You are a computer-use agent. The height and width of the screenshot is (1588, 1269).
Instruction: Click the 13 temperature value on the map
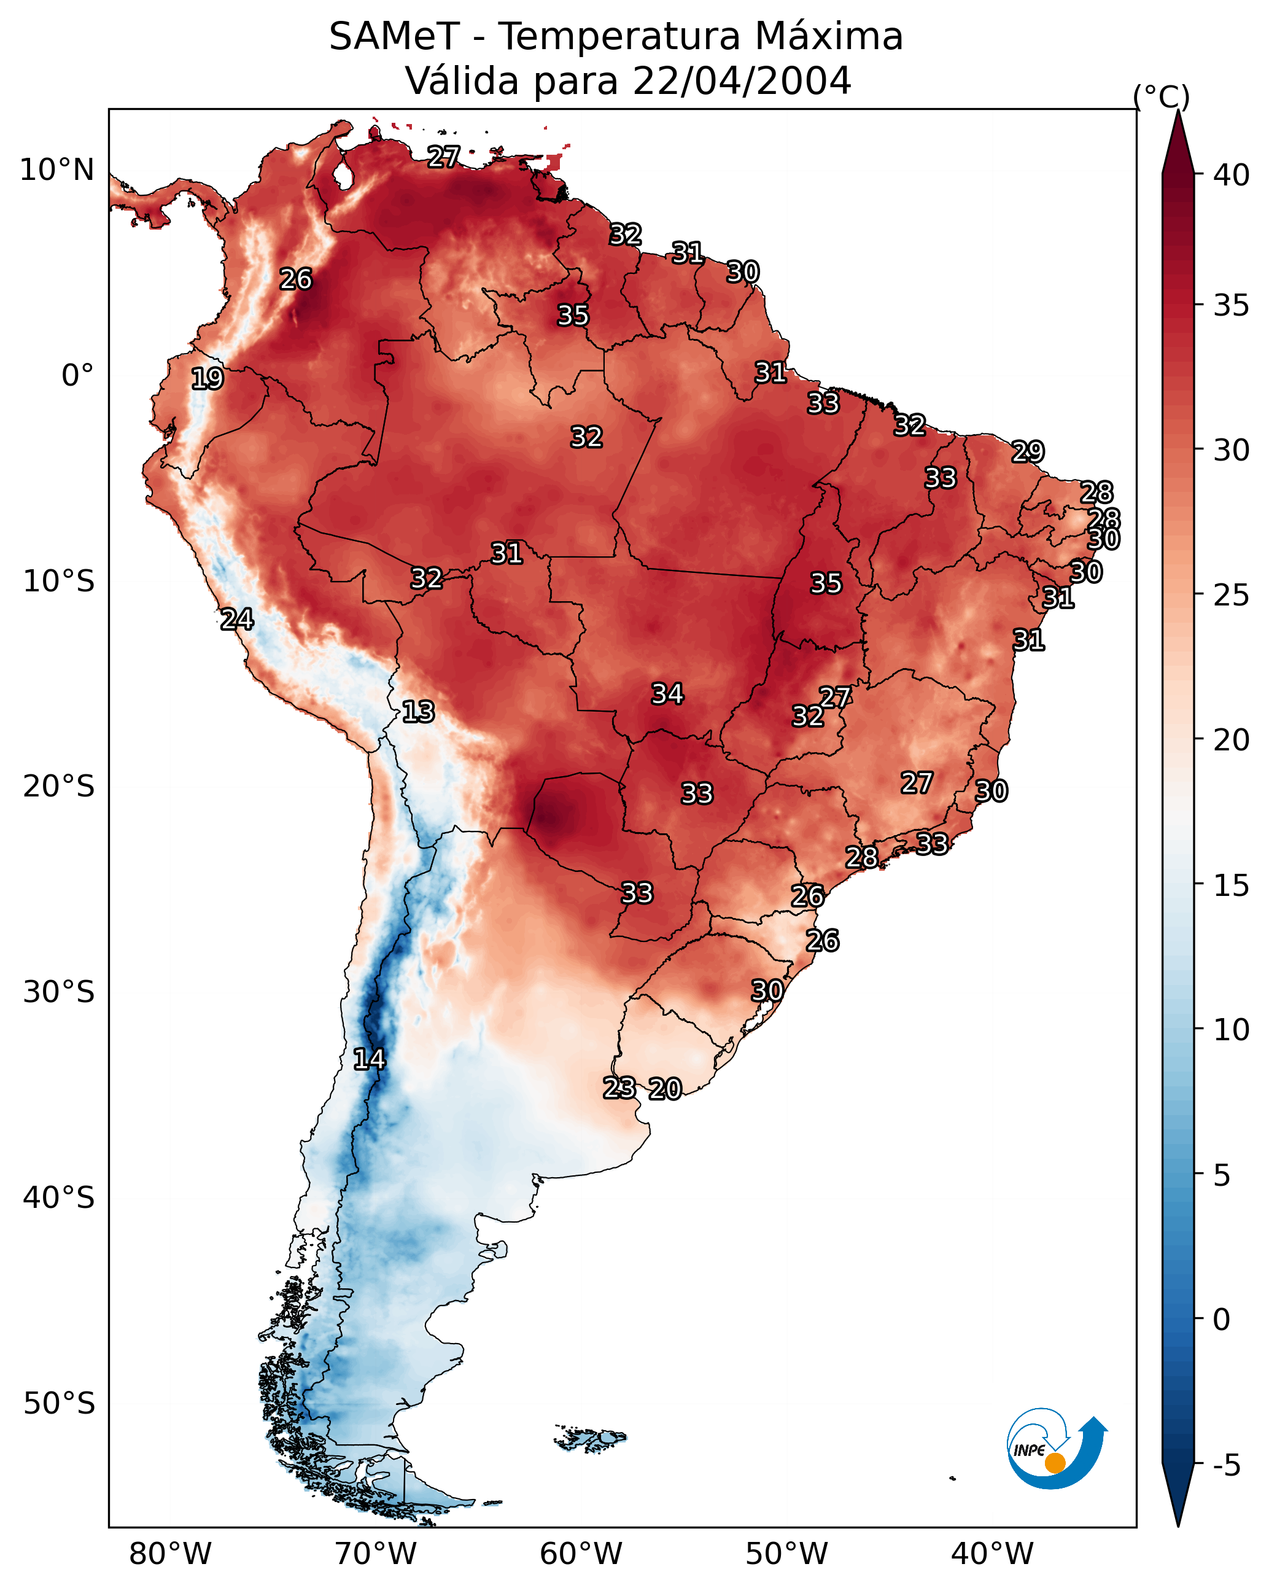(418, 712)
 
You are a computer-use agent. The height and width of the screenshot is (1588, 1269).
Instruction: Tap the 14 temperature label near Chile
(369, 1059)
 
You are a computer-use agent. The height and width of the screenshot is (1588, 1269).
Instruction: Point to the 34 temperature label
(667, 694)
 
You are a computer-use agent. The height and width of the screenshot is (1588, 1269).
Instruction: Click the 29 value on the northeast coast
(1028, 451)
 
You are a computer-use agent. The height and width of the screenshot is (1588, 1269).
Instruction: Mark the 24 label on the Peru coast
(237, 620)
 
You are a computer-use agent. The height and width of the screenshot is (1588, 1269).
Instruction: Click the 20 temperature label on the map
(665, 1089)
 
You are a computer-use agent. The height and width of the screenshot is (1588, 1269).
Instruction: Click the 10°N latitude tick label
(56, 170)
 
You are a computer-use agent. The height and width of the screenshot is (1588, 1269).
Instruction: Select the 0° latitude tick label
(77, 376)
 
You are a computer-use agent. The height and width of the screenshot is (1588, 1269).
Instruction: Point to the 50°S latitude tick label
(59, 1404)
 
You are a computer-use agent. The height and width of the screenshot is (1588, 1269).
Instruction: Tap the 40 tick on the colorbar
(1232, 175)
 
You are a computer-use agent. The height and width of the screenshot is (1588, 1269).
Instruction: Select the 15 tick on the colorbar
(1232, 885)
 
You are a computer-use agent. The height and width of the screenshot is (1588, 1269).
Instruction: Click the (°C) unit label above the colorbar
(1162, 96)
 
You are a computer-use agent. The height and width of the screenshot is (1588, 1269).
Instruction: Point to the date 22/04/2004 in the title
(742, 81)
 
